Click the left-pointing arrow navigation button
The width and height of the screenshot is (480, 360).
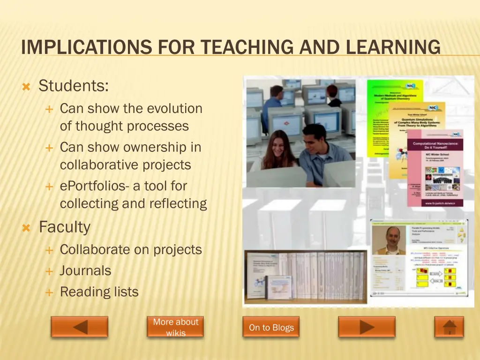click(79, 327)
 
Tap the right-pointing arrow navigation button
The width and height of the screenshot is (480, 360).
click(367, 327)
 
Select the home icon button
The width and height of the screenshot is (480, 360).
click(449, 327)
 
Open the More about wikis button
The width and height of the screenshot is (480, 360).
click(175, 327)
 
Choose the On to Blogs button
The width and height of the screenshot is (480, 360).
click(271, 327)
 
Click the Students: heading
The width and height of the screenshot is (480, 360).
click(74, 86)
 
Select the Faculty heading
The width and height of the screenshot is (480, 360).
click(64, 227)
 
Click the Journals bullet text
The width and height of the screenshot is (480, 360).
click(85, 271)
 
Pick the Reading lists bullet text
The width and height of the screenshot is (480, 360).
click(99, 292)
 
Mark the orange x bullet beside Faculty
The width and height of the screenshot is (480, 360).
click(27, 228)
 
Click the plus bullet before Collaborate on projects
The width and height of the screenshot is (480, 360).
click(49, 250)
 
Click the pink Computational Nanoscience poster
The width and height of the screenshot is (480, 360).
click(435, 169)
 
